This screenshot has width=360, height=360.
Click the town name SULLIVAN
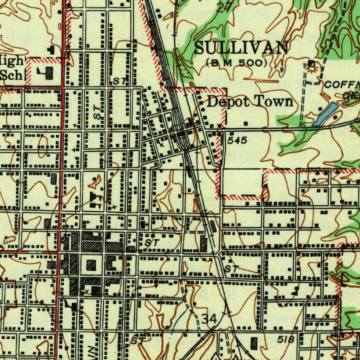pyautogui.click(x=241, y=48)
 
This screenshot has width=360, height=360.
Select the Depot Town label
pyautogui.click(x=250, y=102)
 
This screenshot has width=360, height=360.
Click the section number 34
pyautogui.click(x=210, y=319)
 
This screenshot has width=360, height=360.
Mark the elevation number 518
pyautogui.click(x=285, y=340)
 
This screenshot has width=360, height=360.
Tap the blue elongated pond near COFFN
pyautogui.click(x=325, y=114)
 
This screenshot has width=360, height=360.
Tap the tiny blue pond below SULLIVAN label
pyautogui.click(x=282, y=70)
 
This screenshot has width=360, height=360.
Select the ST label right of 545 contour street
pyautogui.click(x=231, y=269)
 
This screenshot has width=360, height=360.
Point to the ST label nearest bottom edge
pyautogui.click(x=137, y=341)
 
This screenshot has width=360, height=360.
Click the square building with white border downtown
pyautogui.click(x=91, y=265)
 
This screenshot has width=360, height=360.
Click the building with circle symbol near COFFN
pyautogui.click(x=311, y=64)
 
